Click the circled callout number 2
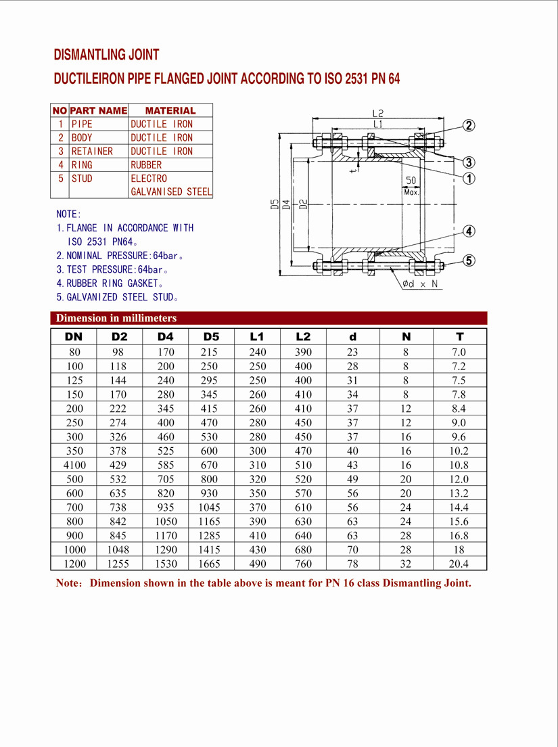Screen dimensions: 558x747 (x=469, y=126)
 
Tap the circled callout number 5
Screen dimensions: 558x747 (x=469, y=261)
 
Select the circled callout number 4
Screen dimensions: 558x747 (x=469, y=231)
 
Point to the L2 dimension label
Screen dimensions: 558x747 (x=377, y=114)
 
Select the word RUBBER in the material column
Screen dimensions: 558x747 (x=146, y=165)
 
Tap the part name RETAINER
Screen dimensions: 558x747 (x=93, y=151)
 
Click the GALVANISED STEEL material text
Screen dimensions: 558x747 (x=171, y=191)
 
